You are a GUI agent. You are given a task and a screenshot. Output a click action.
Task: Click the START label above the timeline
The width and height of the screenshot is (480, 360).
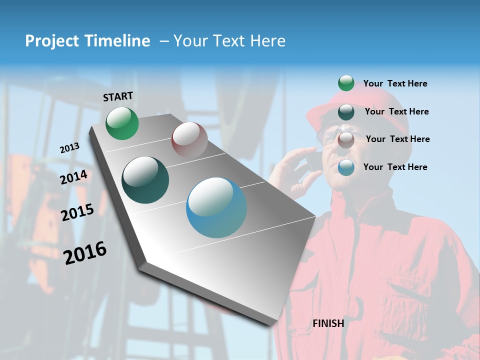coord(118,96)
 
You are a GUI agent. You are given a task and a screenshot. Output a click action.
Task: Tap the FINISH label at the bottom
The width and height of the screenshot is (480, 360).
coord(328,323)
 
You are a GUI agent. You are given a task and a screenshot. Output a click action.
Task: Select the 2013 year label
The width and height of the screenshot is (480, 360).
coord(69,147)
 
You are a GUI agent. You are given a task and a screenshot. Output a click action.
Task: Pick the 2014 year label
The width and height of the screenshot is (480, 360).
coord(73,177)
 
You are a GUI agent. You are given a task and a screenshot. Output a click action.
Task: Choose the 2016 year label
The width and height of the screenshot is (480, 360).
coord(85,252)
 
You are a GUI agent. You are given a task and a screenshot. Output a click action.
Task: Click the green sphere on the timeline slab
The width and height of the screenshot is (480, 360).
coord(122,123)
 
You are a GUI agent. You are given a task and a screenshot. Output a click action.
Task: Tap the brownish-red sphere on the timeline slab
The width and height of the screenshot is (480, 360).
coord(189,140)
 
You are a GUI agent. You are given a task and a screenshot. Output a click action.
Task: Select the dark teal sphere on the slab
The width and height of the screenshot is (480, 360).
coord(145,180)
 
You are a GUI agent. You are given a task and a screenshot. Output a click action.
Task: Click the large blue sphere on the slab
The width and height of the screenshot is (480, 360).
coord(216,207)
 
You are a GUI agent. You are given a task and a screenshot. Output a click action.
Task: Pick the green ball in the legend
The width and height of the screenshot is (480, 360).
coord(346,83)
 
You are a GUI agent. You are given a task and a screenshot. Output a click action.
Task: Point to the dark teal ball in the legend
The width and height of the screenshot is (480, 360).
coord(346,112)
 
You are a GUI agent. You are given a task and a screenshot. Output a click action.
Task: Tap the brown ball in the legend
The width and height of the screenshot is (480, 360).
coord(346,140)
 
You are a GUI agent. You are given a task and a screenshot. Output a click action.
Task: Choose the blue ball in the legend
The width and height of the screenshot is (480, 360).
coord(346,167)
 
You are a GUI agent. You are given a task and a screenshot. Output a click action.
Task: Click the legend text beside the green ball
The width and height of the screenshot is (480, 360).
coord(395,83)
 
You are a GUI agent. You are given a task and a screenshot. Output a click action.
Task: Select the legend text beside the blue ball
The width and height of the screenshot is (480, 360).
coord(395,167)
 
